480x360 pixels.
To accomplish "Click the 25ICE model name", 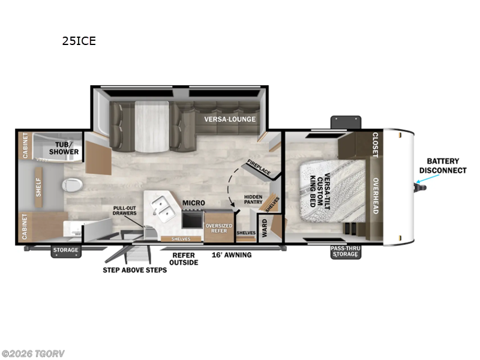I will pyautogui.click(x=79, y=41).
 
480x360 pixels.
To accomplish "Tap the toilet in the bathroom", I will pyautogui.click(x=71, y=185).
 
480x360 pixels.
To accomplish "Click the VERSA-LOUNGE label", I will pyautogui.click(x=230, y=119).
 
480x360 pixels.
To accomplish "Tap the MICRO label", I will pyautogui.click(x=194, y=203).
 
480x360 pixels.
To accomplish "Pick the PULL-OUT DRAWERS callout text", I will pyautogui.click(x=128, y=212).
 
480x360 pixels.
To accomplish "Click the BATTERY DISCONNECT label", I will pyautogui.click(x=443, y=166).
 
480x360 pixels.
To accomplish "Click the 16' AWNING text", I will pyautogui.click(x=231, y=255).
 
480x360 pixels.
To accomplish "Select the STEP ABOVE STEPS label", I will pyautogui.click(x=134, y=270).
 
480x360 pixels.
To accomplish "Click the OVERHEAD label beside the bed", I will pyautogui.click(x=374, y=195).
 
